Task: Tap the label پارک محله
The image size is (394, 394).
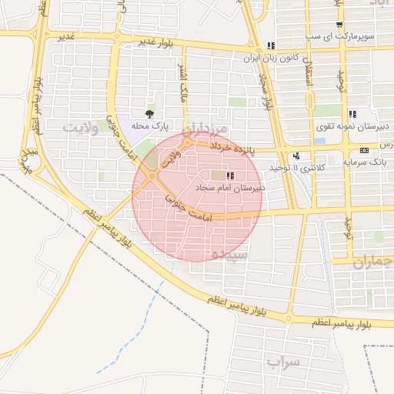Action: [x=149, y=125]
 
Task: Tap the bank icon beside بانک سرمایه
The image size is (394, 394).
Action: [x=364, y=150]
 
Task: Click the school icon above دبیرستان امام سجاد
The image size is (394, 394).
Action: [x=232, y=176]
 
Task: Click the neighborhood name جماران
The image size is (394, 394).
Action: [x=373, y=262]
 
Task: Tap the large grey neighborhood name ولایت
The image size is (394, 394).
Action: [x=82, y=129]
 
